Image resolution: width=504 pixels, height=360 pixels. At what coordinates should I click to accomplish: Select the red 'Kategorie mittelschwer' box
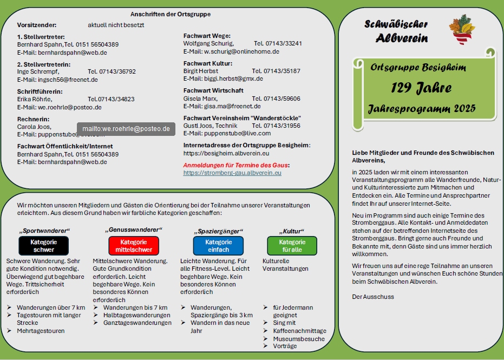click(x=134, y=246)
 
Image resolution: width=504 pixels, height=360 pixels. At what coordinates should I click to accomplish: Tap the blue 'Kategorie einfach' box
click(x=218, y=246)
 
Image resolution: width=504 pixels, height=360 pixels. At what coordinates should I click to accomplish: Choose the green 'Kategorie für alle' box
click(x=292, y=246)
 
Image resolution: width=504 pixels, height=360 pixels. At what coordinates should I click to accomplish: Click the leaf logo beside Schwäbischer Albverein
click(x=462, y=30)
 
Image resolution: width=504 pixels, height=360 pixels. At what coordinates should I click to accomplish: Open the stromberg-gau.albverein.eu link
click(x=232, y=173)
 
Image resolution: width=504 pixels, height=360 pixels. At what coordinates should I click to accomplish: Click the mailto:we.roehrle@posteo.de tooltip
click(x=126, y=129)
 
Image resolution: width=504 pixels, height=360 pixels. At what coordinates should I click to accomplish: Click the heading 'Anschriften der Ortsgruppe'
click(x=171, y=14)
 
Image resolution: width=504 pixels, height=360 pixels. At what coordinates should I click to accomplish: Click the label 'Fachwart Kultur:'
click(x=208, y=63)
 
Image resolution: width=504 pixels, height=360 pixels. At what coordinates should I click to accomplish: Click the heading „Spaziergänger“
click(x=218, y=231)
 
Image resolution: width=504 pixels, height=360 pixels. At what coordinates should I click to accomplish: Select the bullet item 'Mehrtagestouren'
click(x=41, y=331)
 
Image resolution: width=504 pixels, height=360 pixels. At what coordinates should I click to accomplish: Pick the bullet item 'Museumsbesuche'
click(x=299, y=339)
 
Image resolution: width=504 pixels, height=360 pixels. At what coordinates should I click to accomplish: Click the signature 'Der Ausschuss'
click(x=373, y=297)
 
